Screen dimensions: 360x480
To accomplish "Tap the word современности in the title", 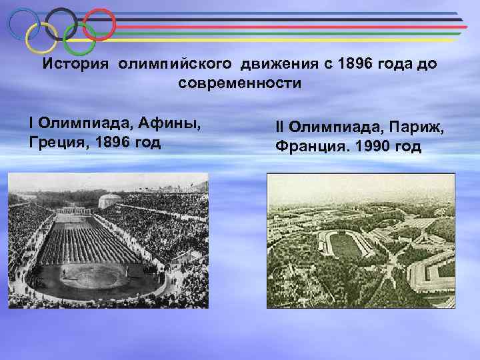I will click(240, 84).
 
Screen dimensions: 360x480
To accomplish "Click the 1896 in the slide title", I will click(353, 65).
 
